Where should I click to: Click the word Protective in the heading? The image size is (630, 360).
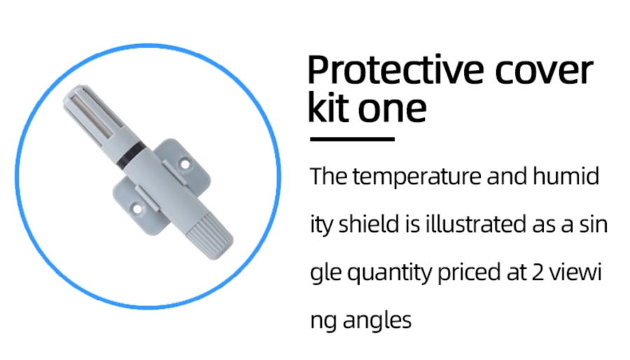(395, 71)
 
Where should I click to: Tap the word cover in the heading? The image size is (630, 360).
(544, 71)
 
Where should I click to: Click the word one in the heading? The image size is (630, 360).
(392, 110)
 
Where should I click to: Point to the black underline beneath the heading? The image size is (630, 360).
(352, 139)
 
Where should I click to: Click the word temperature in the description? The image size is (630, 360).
(416, 176)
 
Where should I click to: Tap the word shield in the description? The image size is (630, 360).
(369, 224)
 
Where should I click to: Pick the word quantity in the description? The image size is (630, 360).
(389, 273)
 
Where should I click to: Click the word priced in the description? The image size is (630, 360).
(468, 273)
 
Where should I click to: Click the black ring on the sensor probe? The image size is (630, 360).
(132, 154)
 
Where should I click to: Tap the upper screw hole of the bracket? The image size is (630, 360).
(185, 164)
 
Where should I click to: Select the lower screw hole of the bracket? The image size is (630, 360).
(137, 209)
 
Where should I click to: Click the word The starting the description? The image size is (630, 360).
(329, 176)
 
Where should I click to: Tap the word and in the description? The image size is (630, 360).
(507, 176)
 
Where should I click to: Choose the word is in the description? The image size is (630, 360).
(412, 224)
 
